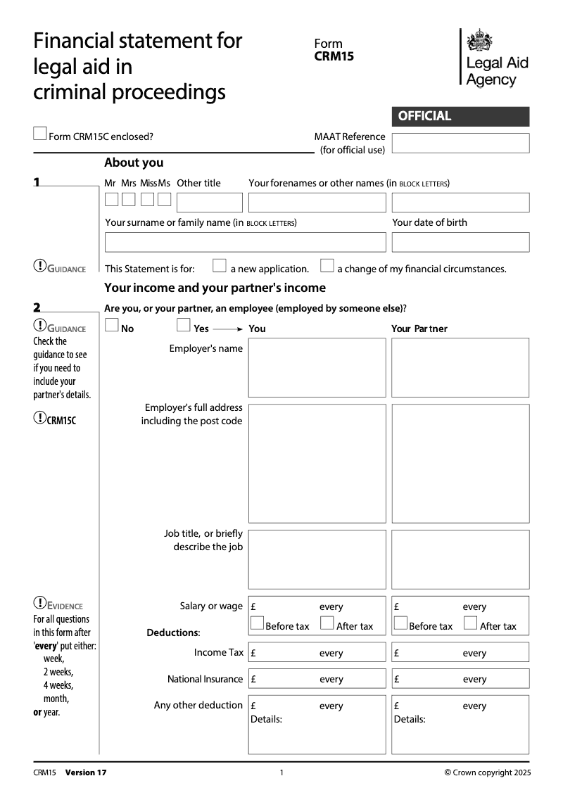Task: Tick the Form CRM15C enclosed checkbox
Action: (40, 134)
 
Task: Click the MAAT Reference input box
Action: (460, 143)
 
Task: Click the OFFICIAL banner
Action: (460, 116)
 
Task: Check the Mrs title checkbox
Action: (128, 200)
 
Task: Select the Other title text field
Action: (209, 203)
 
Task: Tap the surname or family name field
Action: (245, 242)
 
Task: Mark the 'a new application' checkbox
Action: (220, 266)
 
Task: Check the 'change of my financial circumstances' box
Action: (327, 266)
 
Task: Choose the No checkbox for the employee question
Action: (111, 325)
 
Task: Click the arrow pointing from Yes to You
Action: (227, 329)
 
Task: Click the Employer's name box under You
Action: (317, 367)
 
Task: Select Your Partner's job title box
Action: (460, 559)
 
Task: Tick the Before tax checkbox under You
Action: (258, 623)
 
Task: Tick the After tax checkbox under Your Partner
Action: (471, 623)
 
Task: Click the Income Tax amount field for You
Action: (317, 653)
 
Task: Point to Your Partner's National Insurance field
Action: (460, 679)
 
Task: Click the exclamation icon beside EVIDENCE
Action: (40, 603)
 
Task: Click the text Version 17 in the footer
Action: (86, 772)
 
